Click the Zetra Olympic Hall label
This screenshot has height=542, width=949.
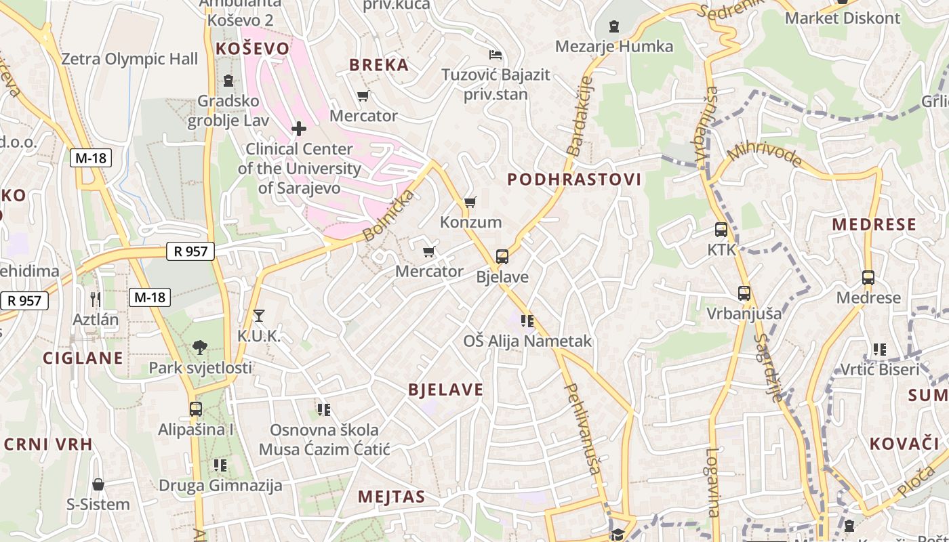pos(129,59)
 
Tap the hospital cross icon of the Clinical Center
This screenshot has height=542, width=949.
pos(299,128)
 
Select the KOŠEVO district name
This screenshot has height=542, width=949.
pos(252,48)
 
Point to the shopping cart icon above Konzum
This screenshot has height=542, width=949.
pos(470,202)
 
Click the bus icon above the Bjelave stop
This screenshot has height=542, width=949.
pos(502,257)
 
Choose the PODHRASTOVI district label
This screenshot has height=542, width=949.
pos(574,180)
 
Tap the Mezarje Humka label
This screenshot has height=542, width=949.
pos(614,46)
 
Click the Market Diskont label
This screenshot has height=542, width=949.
pos(843,18)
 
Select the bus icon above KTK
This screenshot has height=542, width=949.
pos(721,230)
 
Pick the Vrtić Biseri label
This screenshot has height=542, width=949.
pos(880,369)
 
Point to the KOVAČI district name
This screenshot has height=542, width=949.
pos(904,444)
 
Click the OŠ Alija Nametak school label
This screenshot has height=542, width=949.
pos(527,341)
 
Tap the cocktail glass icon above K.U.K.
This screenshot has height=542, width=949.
pos(259,315)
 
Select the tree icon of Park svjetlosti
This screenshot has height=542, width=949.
pos(200,348)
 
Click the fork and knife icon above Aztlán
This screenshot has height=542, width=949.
pos(96,299)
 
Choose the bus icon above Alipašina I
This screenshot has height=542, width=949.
pos(196,409)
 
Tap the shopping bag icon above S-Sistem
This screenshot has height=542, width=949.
pos(98,484)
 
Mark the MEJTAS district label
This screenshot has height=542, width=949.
pos(392,497)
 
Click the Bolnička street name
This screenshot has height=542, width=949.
pos(388,216)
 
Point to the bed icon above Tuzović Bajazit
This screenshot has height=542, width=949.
pos(496,54)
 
